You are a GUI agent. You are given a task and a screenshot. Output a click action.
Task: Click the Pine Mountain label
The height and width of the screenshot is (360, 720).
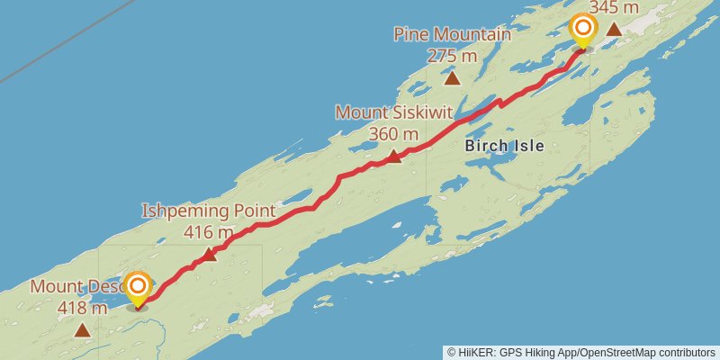pyautogui.click(x=452, y=34)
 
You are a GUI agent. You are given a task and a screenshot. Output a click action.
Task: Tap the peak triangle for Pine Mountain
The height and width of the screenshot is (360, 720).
pyautogui.click(x=453, y=78)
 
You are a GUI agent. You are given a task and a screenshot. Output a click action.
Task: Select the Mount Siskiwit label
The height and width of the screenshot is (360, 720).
pyautogui.click(x=393, y=112)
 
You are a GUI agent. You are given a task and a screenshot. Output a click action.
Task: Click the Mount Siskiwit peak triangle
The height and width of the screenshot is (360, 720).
pyautogui.click(x=393, y=157)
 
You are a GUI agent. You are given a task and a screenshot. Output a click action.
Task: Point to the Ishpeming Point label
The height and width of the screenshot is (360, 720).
pyautogui.click(x=208, y=211)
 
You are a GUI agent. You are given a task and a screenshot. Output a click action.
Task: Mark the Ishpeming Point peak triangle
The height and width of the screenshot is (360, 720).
pyautogui.click(x=209, y=255)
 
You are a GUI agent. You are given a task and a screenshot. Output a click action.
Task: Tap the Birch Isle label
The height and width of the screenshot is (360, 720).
pyautogui.click(x=504, y=145)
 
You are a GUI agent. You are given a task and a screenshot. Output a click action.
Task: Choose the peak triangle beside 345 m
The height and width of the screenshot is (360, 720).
pyautogui.click(x=614, y=29)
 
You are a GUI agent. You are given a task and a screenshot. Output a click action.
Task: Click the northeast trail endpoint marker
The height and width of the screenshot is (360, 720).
pyautogui.click(x=583, y=27)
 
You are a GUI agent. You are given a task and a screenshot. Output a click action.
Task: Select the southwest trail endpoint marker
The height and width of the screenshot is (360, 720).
pyautogui.click(x=138, y=287)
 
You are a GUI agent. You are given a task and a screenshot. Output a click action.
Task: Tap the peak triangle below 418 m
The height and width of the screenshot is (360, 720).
pyautogui.click(x=82, y=330)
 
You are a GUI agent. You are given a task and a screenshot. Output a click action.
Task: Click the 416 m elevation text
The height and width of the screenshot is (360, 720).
pyautogui.click(x=208, y=232)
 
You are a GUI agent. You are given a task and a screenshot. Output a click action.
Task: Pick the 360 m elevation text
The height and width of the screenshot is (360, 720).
pyautogui.click(x=393, y=134)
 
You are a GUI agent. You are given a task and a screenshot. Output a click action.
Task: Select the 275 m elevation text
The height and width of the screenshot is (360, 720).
pyautogui.click(x=452, y=56)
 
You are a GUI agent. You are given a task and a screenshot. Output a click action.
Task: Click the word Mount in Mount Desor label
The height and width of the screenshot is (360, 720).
pyautogui.click(x=52, y=287)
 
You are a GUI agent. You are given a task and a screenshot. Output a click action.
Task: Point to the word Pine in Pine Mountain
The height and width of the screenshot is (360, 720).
pyautogui.click(x=411, y=34)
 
